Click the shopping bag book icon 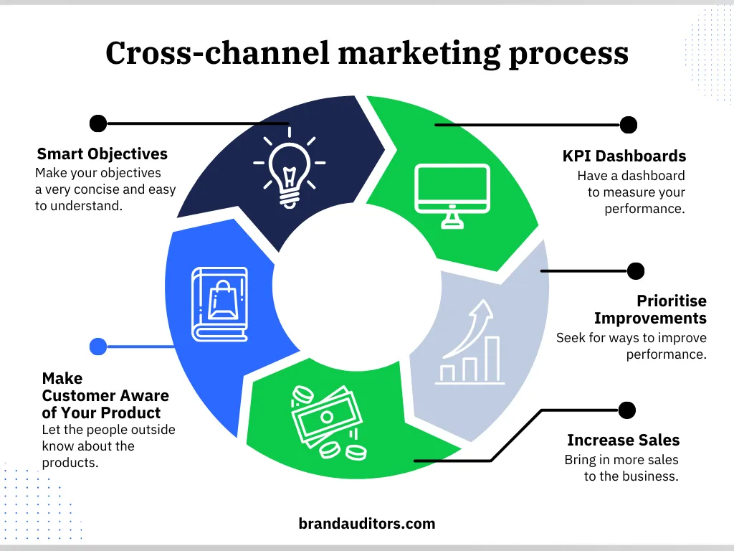tap(220, 303)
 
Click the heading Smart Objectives tap(102, 154)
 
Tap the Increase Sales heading tap(623, 441)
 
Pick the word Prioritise tap(672, 301)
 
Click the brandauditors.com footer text tap(366, 524)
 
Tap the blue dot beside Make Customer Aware tap(98, 347)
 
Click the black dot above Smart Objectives tap(98, 123)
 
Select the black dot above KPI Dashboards tap(628, 125)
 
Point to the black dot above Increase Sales tap(626, 410)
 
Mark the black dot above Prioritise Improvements tap(635, 271)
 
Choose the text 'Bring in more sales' tap(621, 460)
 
